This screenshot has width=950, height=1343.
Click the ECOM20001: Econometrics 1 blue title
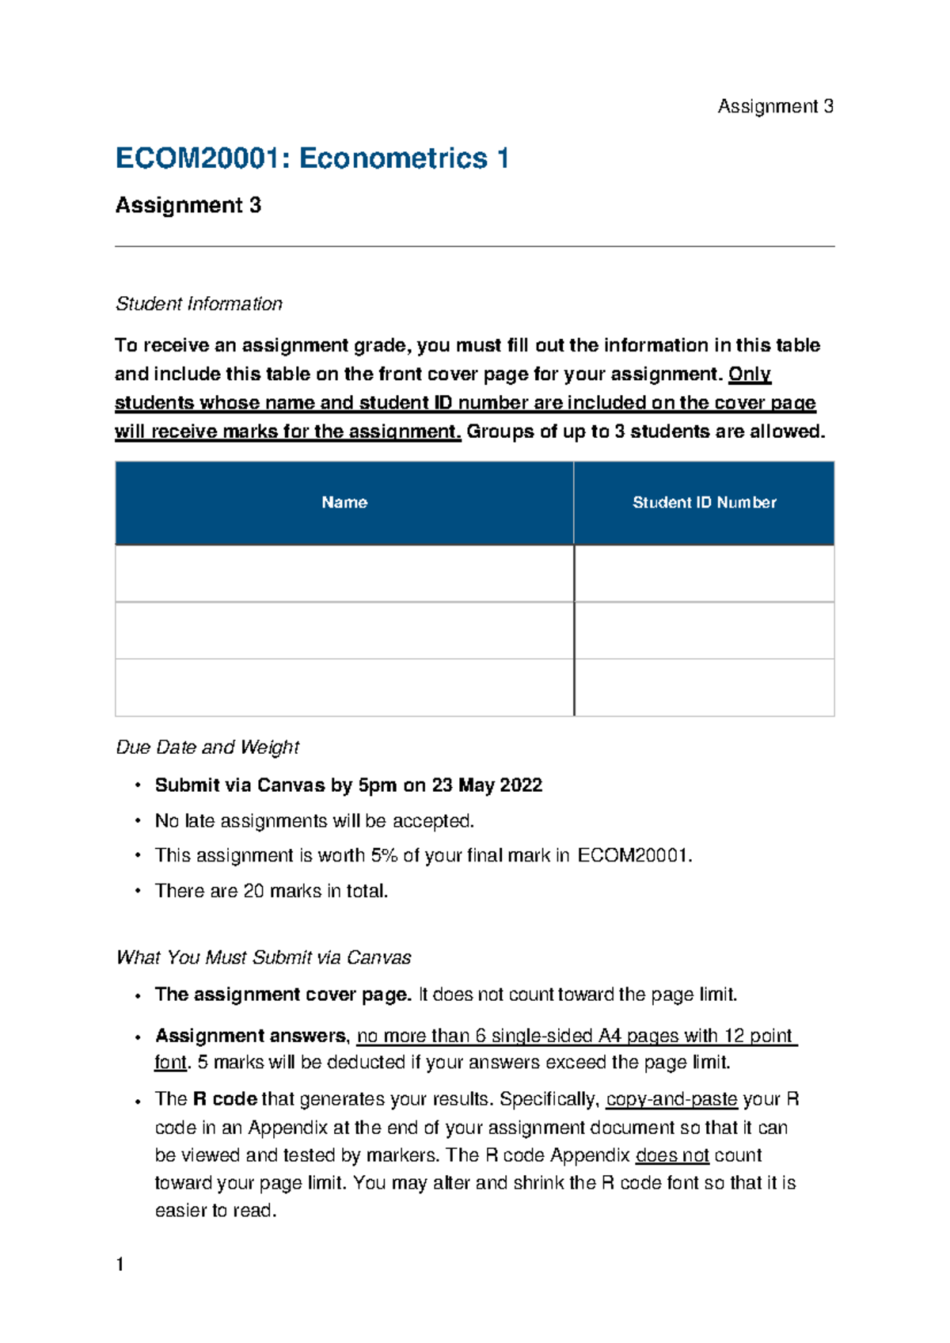coord(312,158)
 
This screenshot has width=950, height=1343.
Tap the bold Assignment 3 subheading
coord(188,206)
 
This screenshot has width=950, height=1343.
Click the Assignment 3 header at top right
coord(775,107)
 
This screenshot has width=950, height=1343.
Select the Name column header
coord(344,503)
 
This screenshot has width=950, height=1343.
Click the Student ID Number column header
coord(704,503)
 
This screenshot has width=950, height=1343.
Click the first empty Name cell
coord(344,573)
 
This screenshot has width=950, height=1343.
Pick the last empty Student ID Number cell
coord(704,687)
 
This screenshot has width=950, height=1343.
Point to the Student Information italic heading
coord(199,304)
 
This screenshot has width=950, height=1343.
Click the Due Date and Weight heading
coord(207,748)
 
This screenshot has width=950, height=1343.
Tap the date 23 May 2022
coord(487,786)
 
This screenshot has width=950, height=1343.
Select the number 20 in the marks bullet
coord(253,892)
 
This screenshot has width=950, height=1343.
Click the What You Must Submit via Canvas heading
coord(264,958)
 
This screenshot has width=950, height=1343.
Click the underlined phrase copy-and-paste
coord(671,1100)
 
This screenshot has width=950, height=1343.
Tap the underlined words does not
coord(672,1155)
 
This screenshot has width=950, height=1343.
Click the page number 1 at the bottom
coord(120,1265)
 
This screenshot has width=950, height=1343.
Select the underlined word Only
coord(749,374)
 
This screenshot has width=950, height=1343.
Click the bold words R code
coord(225,1100)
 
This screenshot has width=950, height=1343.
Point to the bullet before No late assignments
coord(138,821)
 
